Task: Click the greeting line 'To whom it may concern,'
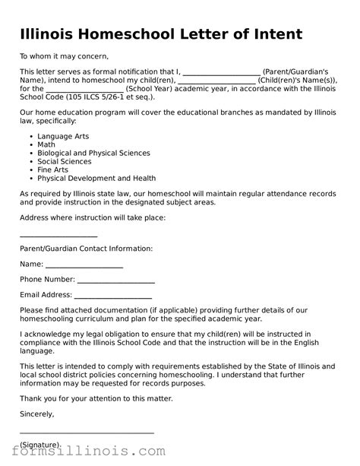(x=65, y=55)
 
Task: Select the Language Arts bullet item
(x=63, y=136)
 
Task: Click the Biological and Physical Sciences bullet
(x=93, y=153)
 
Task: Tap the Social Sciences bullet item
(x=65, y=161)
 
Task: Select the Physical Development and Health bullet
(x=96, y=178)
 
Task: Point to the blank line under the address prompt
(x=58, y=236)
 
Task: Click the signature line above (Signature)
(x=87, y=432)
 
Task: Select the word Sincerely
(x=37, y=414)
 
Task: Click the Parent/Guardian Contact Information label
(x=86, y=249)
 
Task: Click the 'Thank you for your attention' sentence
(x=96, y=398)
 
